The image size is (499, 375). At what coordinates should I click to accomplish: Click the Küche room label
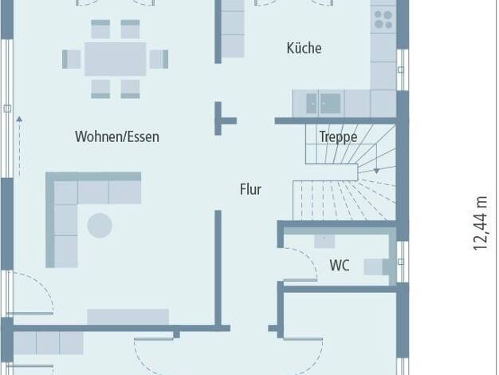pos(304,49)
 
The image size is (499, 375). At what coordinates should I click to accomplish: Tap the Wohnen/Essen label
pos(117,136)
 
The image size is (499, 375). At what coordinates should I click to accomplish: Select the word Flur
pos(250,189)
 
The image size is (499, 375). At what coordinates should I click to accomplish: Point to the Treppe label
pos(338,137)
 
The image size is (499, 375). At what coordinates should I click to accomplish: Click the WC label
pos(340,265)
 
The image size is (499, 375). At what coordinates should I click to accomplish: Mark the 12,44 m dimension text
pos(480,223)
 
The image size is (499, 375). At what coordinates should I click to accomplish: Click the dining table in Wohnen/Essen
pos(116,59)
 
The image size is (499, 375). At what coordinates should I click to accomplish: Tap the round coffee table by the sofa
pos(100,225)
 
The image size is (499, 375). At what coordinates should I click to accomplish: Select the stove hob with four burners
pos(383,19)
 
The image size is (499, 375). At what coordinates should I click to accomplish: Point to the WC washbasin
pos(324,241)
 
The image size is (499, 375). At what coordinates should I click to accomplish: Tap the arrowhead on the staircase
pos(376,171)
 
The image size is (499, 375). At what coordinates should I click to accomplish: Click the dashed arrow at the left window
pos(19,147)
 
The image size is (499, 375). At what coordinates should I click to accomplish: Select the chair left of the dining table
pos(72,59)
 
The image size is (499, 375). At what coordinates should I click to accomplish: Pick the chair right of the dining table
pos(159,59)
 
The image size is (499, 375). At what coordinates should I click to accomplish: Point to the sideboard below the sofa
pos(128,317)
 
